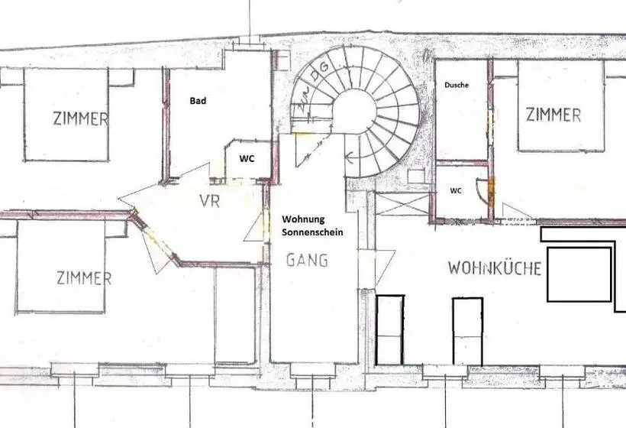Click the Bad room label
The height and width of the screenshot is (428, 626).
coord(198,101)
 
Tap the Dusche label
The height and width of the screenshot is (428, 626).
coord(457,85)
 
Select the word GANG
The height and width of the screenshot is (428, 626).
coord(307,260)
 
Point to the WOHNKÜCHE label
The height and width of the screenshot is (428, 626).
coord(495,267)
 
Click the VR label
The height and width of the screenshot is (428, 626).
coord(210,201)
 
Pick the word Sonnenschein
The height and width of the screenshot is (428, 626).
coord(312,232)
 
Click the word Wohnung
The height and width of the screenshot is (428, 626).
coord(303,219)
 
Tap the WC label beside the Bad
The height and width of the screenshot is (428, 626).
coord(247,159)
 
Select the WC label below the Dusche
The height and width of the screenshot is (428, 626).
coord(456,190)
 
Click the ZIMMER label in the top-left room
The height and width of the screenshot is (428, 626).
coord(81,118)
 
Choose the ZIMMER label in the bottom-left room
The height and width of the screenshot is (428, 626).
coord(84,277)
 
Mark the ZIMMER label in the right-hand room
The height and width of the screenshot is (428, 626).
coord(553,115)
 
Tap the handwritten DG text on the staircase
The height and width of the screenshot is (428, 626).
coord(321,72)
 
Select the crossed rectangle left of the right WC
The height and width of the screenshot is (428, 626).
coord(403,204)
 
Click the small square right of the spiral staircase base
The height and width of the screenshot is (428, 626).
coord(416,177)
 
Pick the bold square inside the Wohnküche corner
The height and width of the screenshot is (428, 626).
coord(579,274)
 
